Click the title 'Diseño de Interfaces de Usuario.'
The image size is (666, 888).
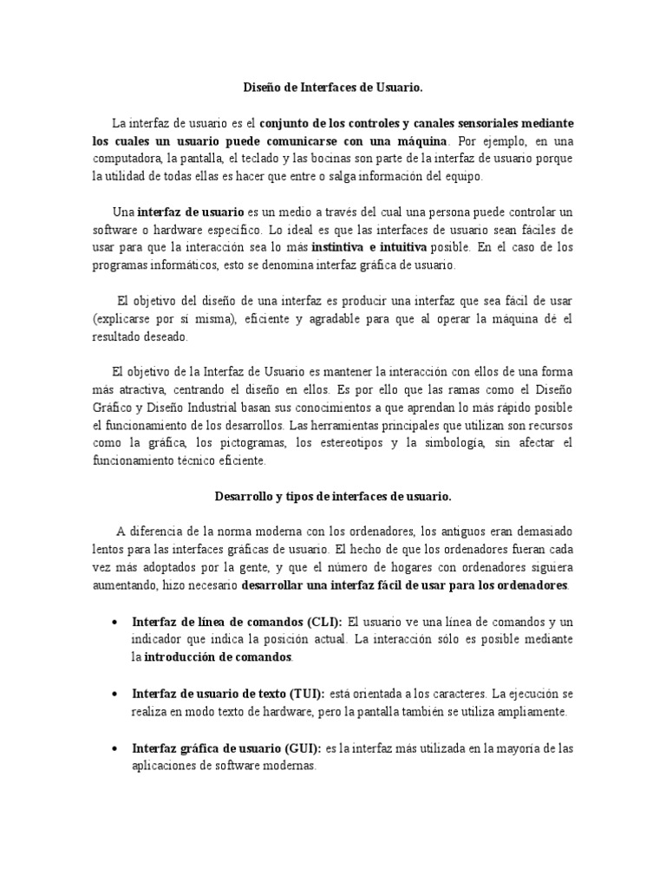pyautogui.click(x=332, y=87)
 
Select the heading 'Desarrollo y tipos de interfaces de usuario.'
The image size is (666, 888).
pyautogui.click(x=332, y=497)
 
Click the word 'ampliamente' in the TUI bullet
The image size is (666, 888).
pyautogui.click(x=528, y=712)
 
